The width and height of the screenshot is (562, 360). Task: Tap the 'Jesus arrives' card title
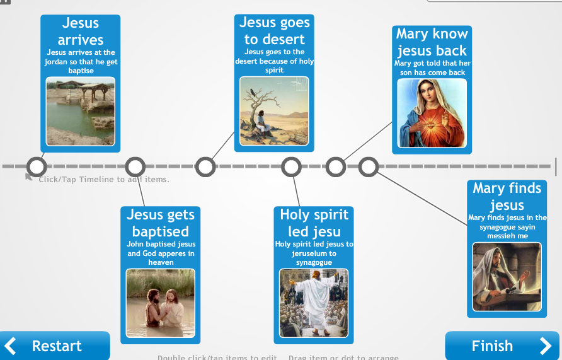click(x=81, y=31)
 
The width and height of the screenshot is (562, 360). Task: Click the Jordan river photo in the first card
click(x=81, y=111)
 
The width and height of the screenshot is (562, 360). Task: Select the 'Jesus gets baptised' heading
click(x=161, y=223)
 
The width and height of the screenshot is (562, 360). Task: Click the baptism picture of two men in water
click(x=161, y=303)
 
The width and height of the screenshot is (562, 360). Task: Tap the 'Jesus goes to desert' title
click(x=275, y=30)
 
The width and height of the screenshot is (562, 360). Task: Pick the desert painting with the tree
click(x=274, y=111)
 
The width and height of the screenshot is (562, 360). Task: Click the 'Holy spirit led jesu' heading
click(x=314, y=223)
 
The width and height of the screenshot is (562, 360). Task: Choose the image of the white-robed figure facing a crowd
click(x=314, y=303)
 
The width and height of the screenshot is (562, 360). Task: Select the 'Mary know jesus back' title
click(x=432, y=42)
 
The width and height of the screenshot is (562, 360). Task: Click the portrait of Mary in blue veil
click(x=432, y=113)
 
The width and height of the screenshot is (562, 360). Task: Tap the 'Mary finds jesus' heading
click(x=507, y=196)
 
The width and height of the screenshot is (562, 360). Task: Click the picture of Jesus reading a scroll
click(x=507, y=277)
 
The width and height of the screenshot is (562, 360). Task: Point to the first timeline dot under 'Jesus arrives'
click(x=37, y=167)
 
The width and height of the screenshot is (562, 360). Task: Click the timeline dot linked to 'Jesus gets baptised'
click(x=135, y=167)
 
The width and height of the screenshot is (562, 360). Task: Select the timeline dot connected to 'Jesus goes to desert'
click(x=205, y=167)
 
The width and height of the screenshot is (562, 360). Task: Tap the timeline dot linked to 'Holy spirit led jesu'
click(x=291, y=167)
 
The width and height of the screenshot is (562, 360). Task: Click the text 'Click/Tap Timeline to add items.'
click(x=104, y=180)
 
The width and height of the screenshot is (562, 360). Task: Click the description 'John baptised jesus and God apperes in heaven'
click(x=161, y=253)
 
